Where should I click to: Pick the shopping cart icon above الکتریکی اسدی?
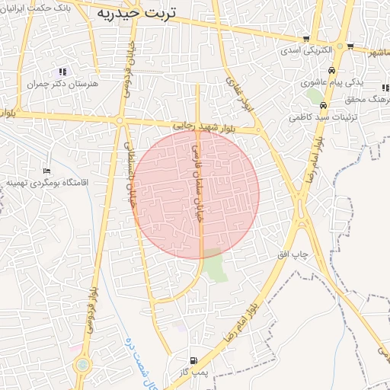[x=306, y=39]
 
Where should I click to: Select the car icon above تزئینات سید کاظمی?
[x=324, y=106]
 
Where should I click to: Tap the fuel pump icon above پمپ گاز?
[x=192, y=360]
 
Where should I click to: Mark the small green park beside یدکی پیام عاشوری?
[x=315, y=95]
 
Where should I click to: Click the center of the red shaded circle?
[x=196, y=194]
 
